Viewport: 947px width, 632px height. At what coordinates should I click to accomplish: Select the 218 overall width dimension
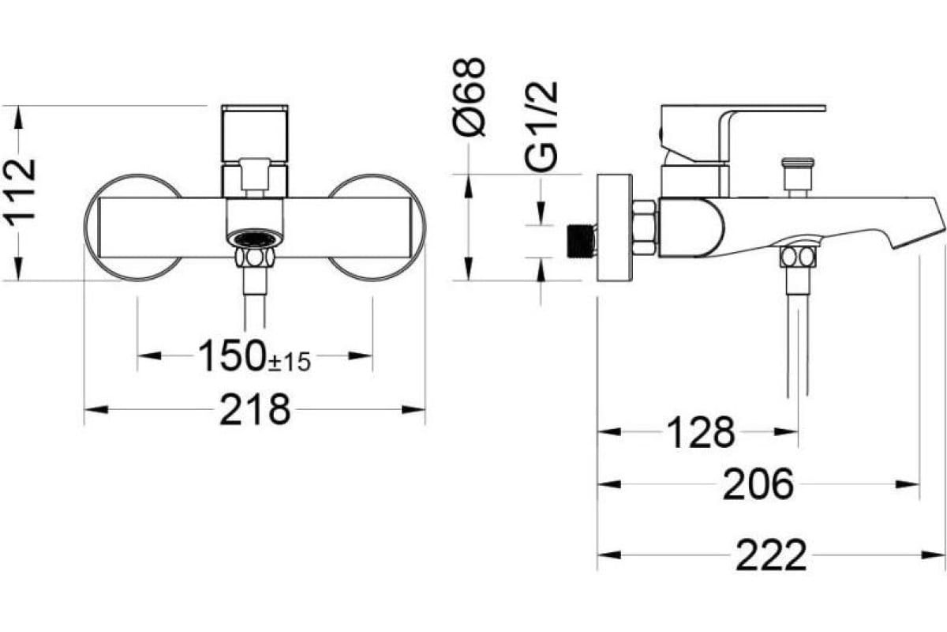coord(255,409)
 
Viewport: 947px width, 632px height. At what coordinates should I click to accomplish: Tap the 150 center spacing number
coord(232,355)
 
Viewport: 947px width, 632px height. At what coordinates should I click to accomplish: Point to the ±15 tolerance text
coord(290,362)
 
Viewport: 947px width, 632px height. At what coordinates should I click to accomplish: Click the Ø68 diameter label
coord(470,97)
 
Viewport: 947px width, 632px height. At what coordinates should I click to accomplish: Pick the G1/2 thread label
coord(541,126)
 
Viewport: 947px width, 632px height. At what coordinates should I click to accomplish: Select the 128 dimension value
coord(702,432)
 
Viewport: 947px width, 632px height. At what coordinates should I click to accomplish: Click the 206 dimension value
coord(758,483)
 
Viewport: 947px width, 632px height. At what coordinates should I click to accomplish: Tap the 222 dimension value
coord(772,555)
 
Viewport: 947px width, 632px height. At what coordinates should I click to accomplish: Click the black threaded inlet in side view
coord(580,241)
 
